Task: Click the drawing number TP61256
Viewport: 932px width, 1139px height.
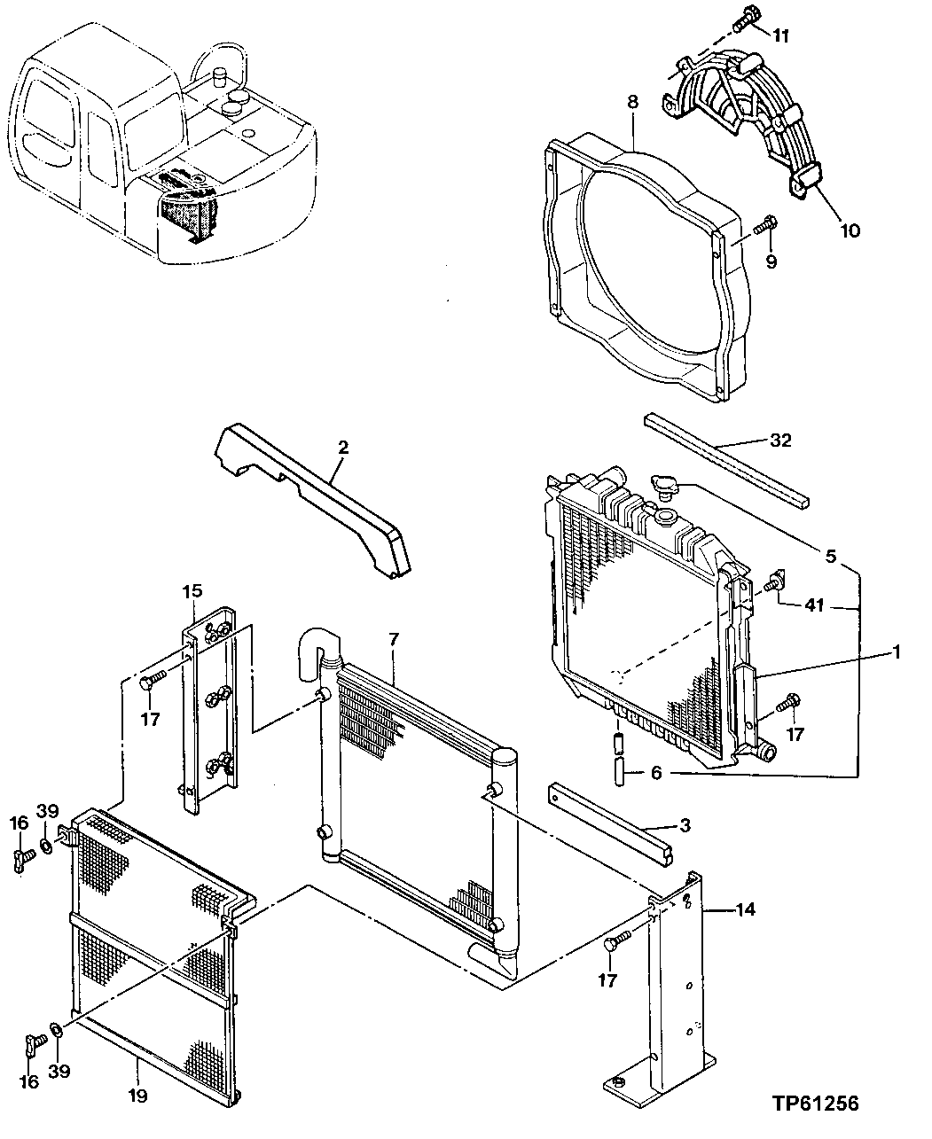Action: (x=814, y=1104)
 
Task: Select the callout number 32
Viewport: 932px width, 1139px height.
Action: (x=780, y=441)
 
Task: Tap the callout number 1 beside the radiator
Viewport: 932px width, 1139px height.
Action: (x=897, y=652)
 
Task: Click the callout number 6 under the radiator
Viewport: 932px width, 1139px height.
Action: (x=655, y=773)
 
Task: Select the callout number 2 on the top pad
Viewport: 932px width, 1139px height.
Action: (x=342, y=447)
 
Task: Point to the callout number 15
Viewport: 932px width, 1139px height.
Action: (x=192, y=591)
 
